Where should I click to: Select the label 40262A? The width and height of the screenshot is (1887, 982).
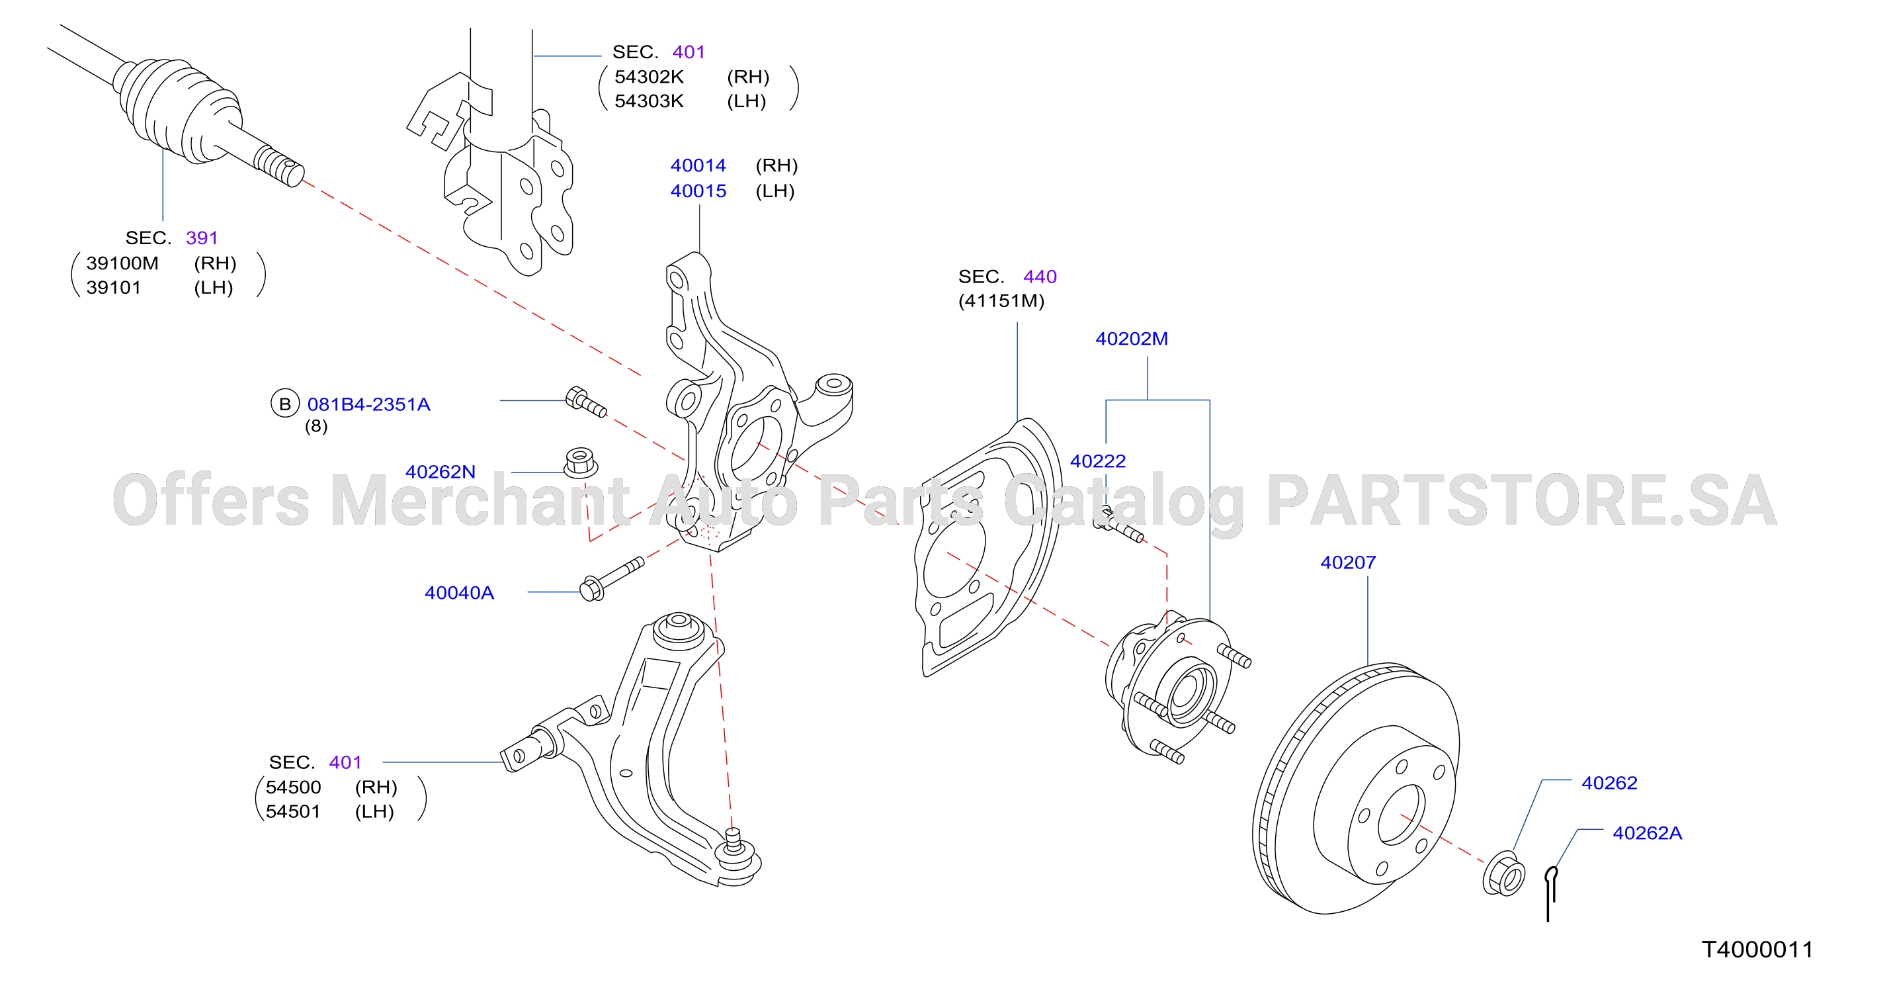point(1647,832)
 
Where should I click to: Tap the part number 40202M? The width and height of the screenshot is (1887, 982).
point(1131,339)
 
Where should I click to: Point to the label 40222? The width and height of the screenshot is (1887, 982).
point(1097,461)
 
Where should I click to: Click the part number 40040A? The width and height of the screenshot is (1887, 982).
point(459,592)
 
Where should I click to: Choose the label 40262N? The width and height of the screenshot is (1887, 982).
point(440,471)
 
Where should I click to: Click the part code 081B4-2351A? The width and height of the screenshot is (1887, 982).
point(368,404)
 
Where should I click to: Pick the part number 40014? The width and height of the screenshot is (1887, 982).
point(698,165)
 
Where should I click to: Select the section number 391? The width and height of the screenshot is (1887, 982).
point(202,238)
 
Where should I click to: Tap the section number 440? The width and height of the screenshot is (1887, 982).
point(1040,277)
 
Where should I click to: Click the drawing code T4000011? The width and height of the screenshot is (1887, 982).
point(1757,949)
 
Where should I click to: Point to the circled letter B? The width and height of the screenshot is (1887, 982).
point(285,403)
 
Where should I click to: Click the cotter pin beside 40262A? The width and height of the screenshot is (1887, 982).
point(1550,893)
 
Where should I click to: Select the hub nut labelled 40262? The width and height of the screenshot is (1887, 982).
point(1503,873)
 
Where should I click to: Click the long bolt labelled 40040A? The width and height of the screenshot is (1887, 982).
point(611,579)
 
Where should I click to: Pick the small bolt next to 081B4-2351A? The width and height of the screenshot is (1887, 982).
point(586,402)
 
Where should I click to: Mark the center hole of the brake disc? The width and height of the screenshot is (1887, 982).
point(1402,815)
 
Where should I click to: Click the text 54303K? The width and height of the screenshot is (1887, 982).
point(648,101)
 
